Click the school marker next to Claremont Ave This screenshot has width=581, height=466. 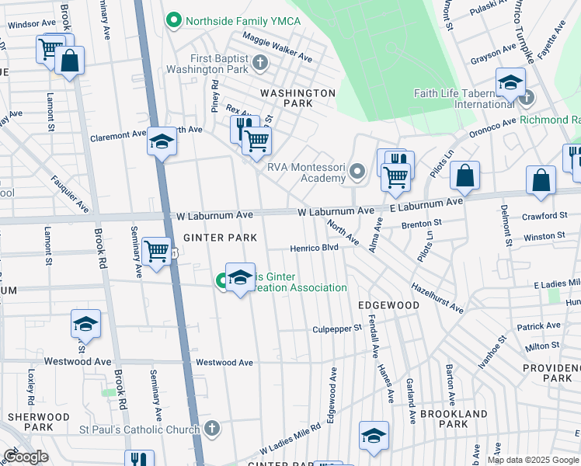[162, 142]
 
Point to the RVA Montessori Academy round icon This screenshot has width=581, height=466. [357, 170]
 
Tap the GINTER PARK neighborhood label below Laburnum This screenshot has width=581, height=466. [209, 237]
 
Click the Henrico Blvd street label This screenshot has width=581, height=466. [314, 248]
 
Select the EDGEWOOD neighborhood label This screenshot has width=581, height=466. [388, 305]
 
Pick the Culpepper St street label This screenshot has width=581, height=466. [337, 329]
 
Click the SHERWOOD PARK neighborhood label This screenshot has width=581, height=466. [30, 422]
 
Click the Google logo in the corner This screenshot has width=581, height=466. [26, 457]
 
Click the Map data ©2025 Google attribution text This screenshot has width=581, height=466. [533, 460]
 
